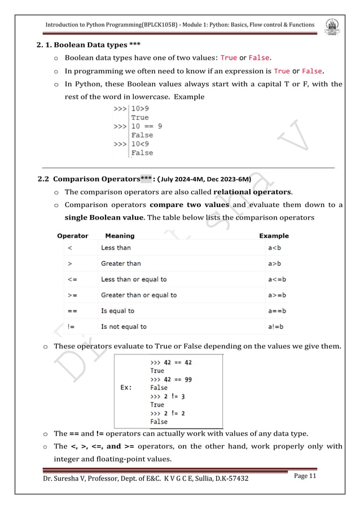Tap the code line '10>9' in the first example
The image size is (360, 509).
[141, 108]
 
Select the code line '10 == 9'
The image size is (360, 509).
[146, 126]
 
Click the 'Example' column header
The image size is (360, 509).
[274, 236]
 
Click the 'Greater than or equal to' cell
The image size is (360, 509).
[138, 295]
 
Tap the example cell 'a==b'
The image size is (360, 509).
[275, 311]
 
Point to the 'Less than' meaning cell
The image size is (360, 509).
[115, 248]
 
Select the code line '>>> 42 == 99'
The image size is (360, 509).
[171, 379]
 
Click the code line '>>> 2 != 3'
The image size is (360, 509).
[166, 396]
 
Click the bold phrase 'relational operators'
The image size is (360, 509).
[252, 192]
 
